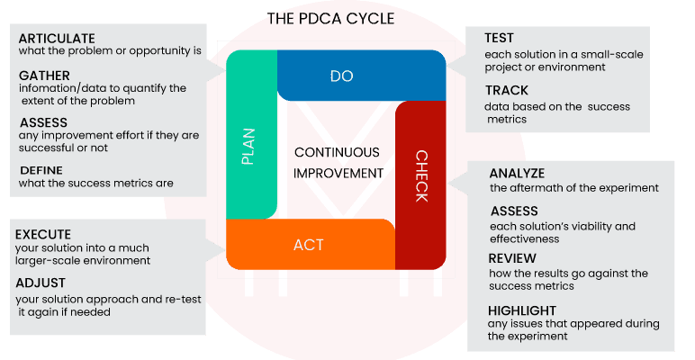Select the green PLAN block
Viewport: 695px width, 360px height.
(x=250, y=144)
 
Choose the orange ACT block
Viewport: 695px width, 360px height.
(x=309, y=244)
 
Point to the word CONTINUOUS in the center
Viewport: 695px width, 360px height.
(x=337, y=153)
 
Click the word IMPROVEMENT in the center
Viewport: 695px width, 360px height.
(x=338, y=174)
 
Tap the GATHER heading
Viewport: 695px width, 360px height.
(x=43, y=76)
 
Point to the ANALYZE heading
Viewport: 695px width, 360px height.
(x=517, y=173)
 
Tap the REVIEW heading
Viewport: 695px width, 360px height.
(x=511, y=259)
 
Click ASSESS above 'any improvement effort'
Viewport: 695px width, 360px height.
(x=42, y=122)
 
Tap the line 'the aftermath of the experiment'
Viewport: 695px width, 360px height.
(x=574, y=188)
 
